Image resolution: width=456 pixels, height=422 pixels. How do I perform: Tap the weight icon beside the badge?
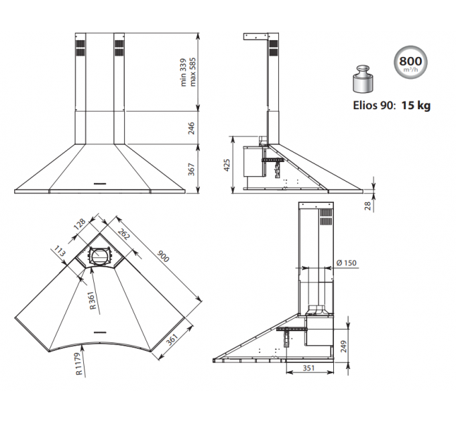pos(363,82)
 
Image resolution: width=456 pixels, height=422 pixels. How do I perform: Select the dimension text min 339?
pos(182,72)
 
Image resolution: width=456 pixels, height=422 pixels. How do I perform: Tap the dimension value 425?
pos(227,164)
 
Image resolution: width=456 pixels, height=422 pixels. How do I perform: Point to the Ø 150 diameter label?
pos(345,263)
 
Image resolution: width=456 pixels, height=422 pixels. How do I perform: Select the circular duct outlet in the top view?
pos(99,256)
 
